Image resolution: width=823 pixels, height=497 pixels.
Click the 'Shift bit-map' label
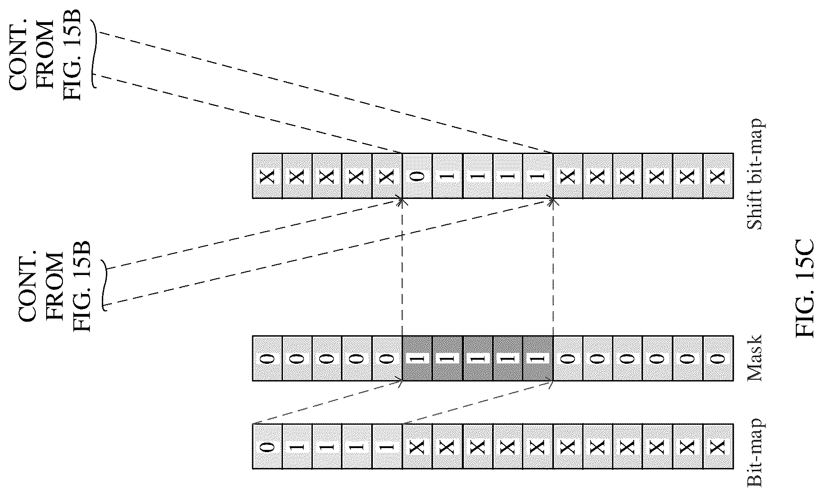(x=755, y=175)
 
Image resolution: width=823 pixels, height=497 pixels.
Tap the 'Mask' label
(x=755, y=358)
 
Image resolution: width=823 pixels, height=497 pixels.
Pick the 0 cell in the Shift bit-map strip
(x=417, y=176)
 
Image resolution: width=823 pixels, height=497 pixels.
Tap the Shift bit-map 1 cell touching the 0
(x=447, y=176)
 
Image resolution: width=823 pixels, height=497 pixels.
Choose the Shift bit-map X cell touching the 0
(x=387, y=176)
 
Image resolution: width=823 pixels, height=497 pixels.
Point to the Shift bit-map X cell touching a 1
(x=567, y=176)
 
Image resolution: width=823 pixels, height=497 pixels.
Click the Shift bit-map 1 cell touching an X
(x=537, y=176)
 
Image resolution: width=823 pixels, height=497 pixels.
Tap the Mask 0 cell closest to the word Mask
(x=718, y=358)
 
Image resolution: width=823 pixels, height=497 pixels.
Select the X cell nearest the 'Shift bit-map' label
(x=718, y=176)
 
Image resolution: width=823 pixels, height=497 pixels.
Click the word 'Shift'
(x=755, y=212)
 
